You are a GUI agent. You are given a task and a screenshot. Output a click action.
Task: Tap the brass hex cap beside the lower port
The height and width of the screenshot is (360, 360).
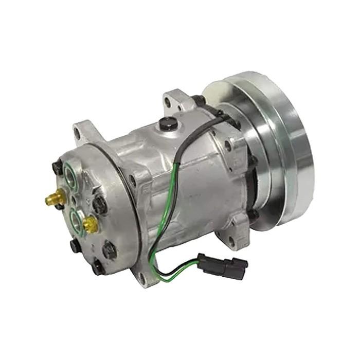(x=91, y=223)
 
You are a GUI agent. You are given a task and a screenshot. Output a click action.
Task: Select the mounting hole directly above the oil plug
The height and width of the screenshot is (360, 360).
(x=168, y=102)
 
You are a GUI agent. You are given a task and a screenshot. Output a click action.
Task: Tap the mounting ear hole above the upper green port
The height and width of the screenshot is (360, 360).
(x=77, y=135)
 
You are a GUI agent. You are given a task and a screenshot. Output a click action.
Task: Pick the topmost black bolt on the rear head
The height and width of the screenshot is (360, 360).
(x=57, y=167)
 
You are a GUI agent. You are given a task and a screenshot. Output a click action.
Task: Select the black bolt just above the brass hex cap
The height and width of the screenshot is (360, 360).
(x=99, y=205)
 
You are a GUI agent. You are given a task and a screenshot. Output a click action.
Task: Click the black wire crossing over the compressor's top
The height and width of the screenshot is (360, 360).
(x=195, y=134)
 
